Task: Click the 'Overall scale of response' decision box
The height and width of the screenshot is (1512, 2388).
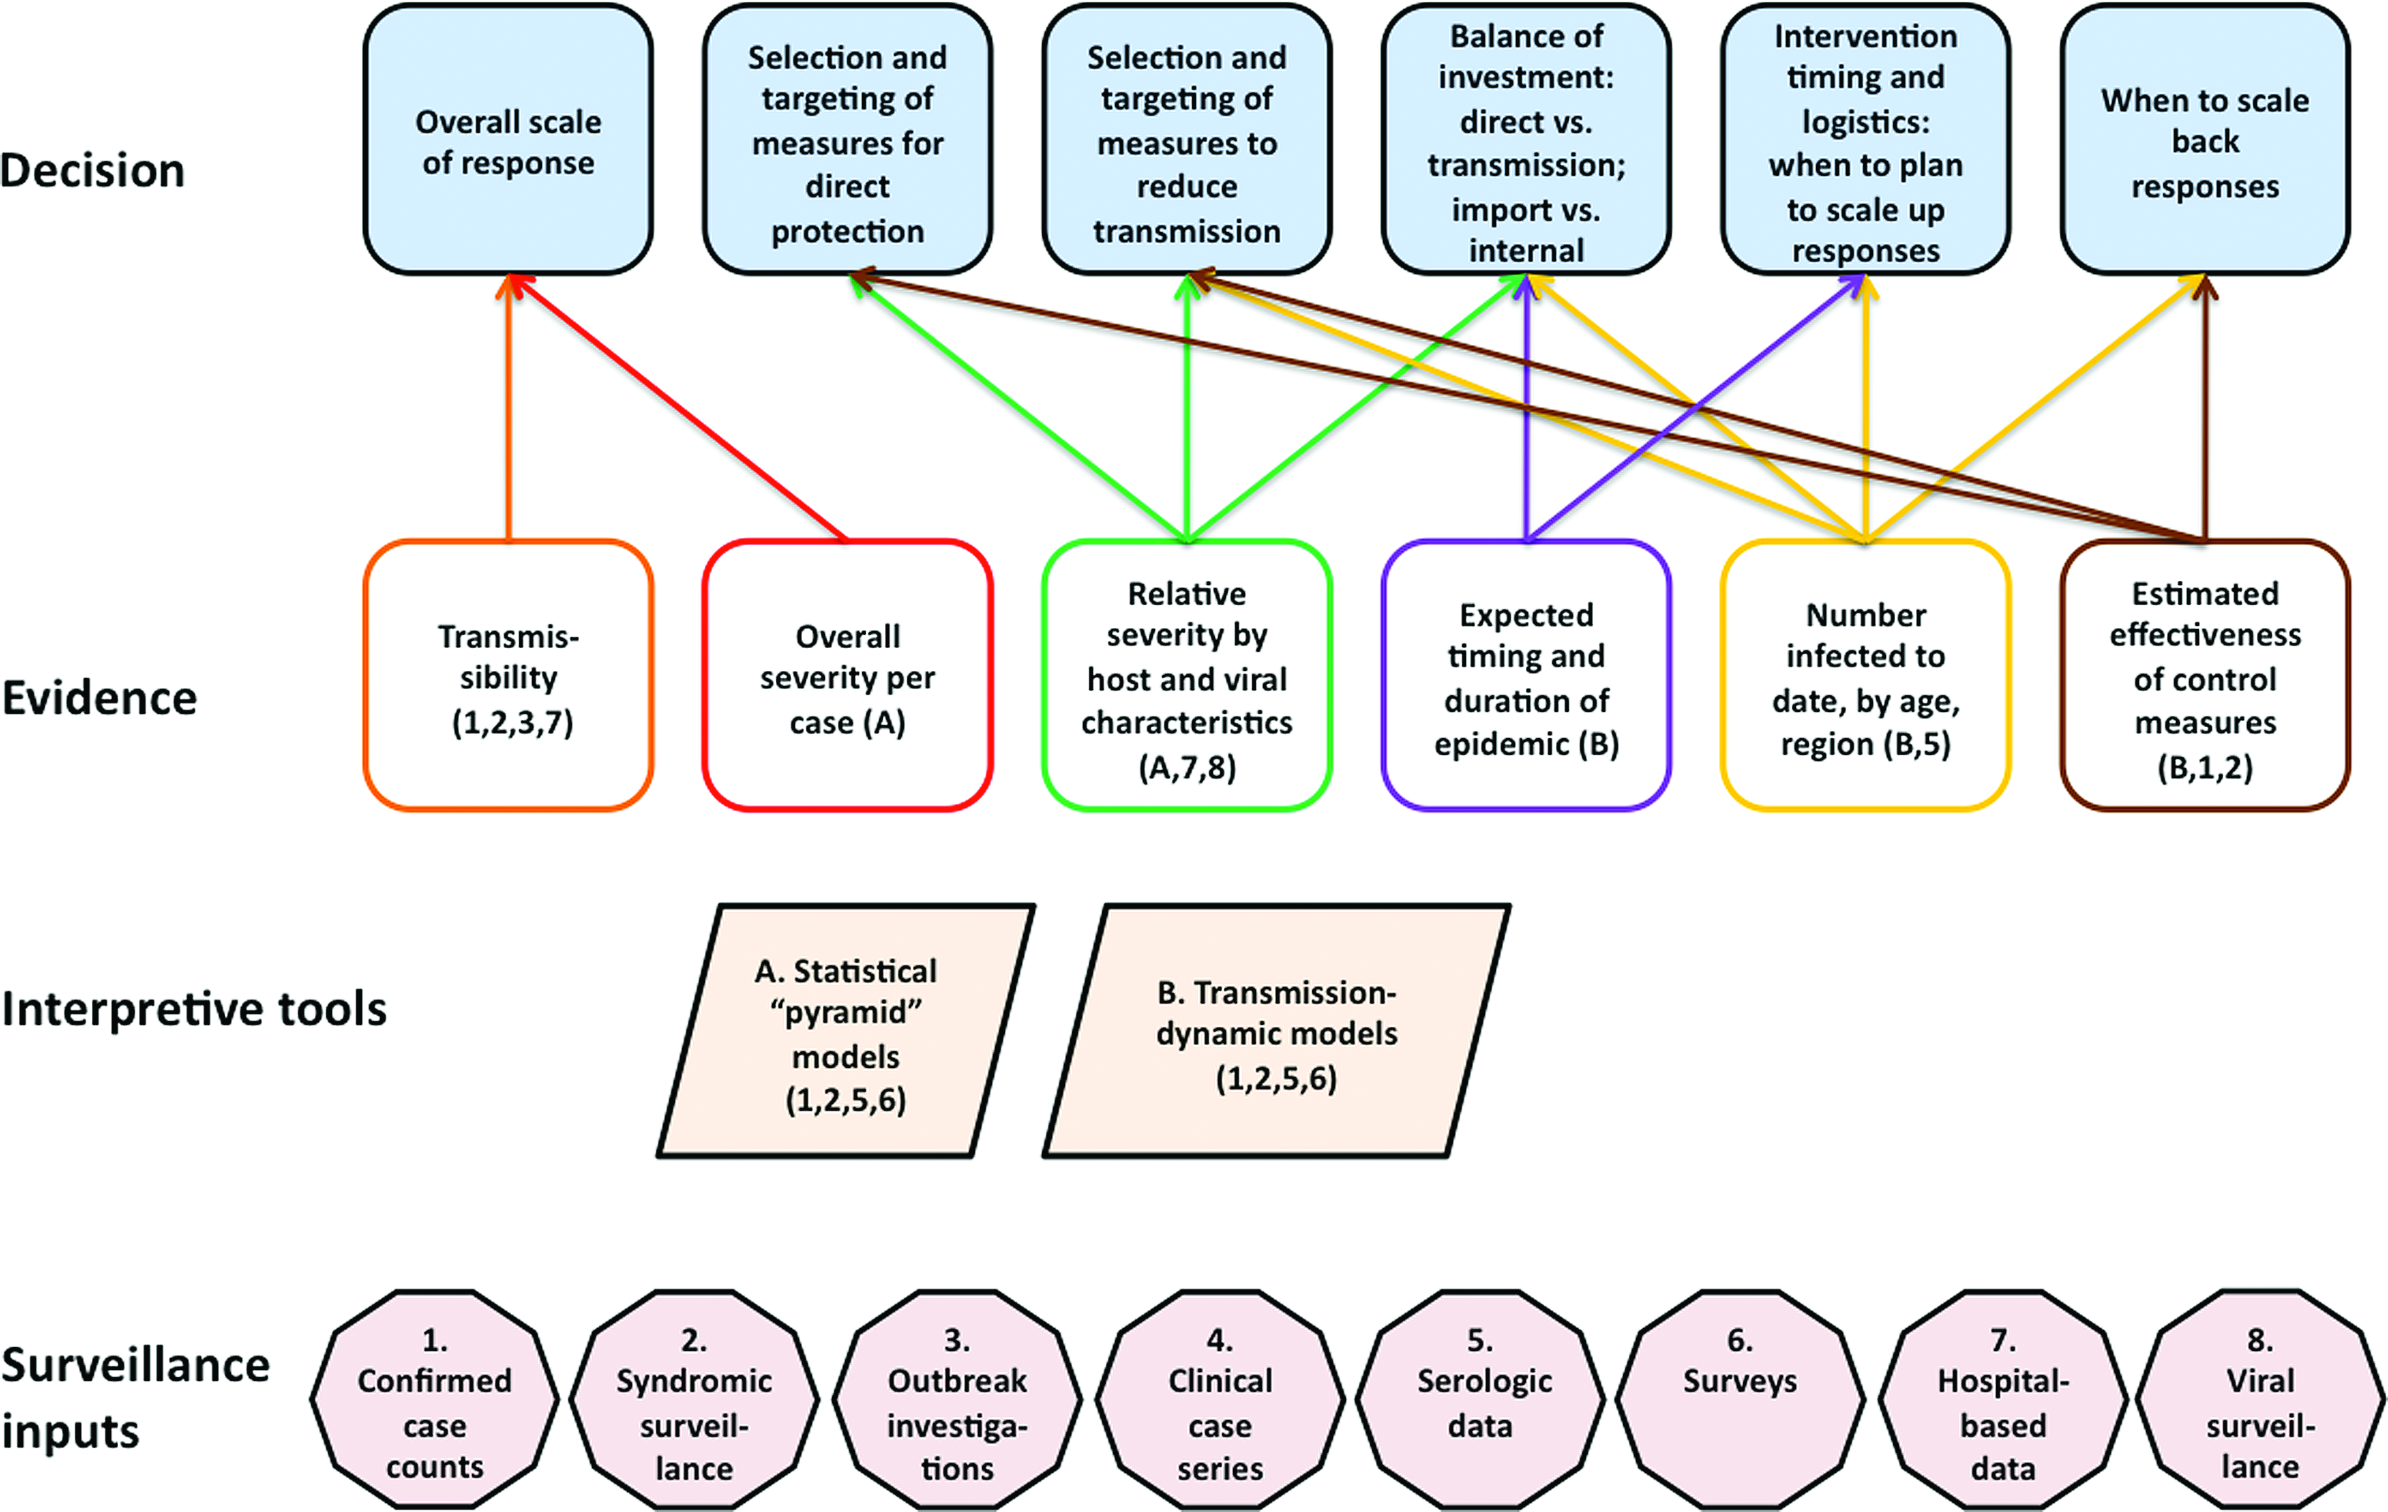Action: click(x=508, y=139)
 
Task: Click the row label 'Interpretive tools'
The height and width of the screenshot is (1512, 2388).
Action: click(x=194, y=1009)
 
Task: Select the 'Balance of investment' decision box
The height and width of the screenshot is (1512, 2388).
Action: click(x=1526, y=139)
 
